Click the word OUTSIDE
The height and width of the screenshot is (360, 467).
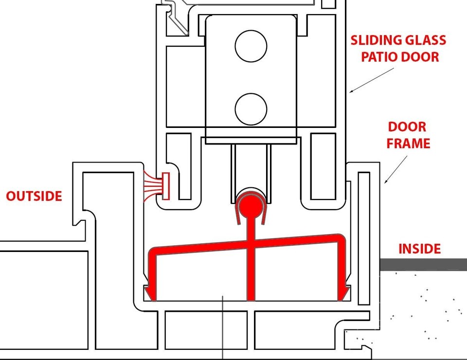pos(34,196)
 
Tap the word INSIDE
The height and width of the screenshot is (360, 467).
pos(419,249)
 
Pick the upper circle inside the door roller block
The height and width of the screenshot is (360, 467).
pos(251,46)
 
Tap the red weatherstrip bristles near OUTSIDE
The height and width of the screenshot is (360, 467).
pos(154,185)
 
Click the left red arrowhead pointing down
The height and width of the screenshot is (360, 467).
pos(150,292)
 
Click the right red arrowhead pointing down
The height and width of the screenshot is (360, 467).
pos(344,292)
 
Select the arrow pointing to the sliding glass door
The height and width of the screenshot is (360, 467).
pos(372,80)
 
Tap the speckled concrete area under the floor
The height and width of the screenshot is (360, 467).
pos(428,306)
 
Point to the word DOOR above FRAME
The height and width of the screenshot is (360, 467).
pos(407,127)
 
